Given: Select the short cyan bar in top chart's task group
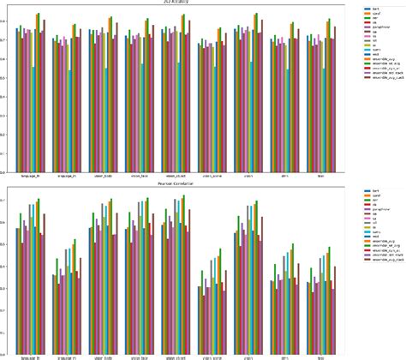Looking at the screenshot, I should [325, 119].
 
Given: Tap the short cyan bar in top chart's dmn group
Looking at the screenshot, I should [288, 119].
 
